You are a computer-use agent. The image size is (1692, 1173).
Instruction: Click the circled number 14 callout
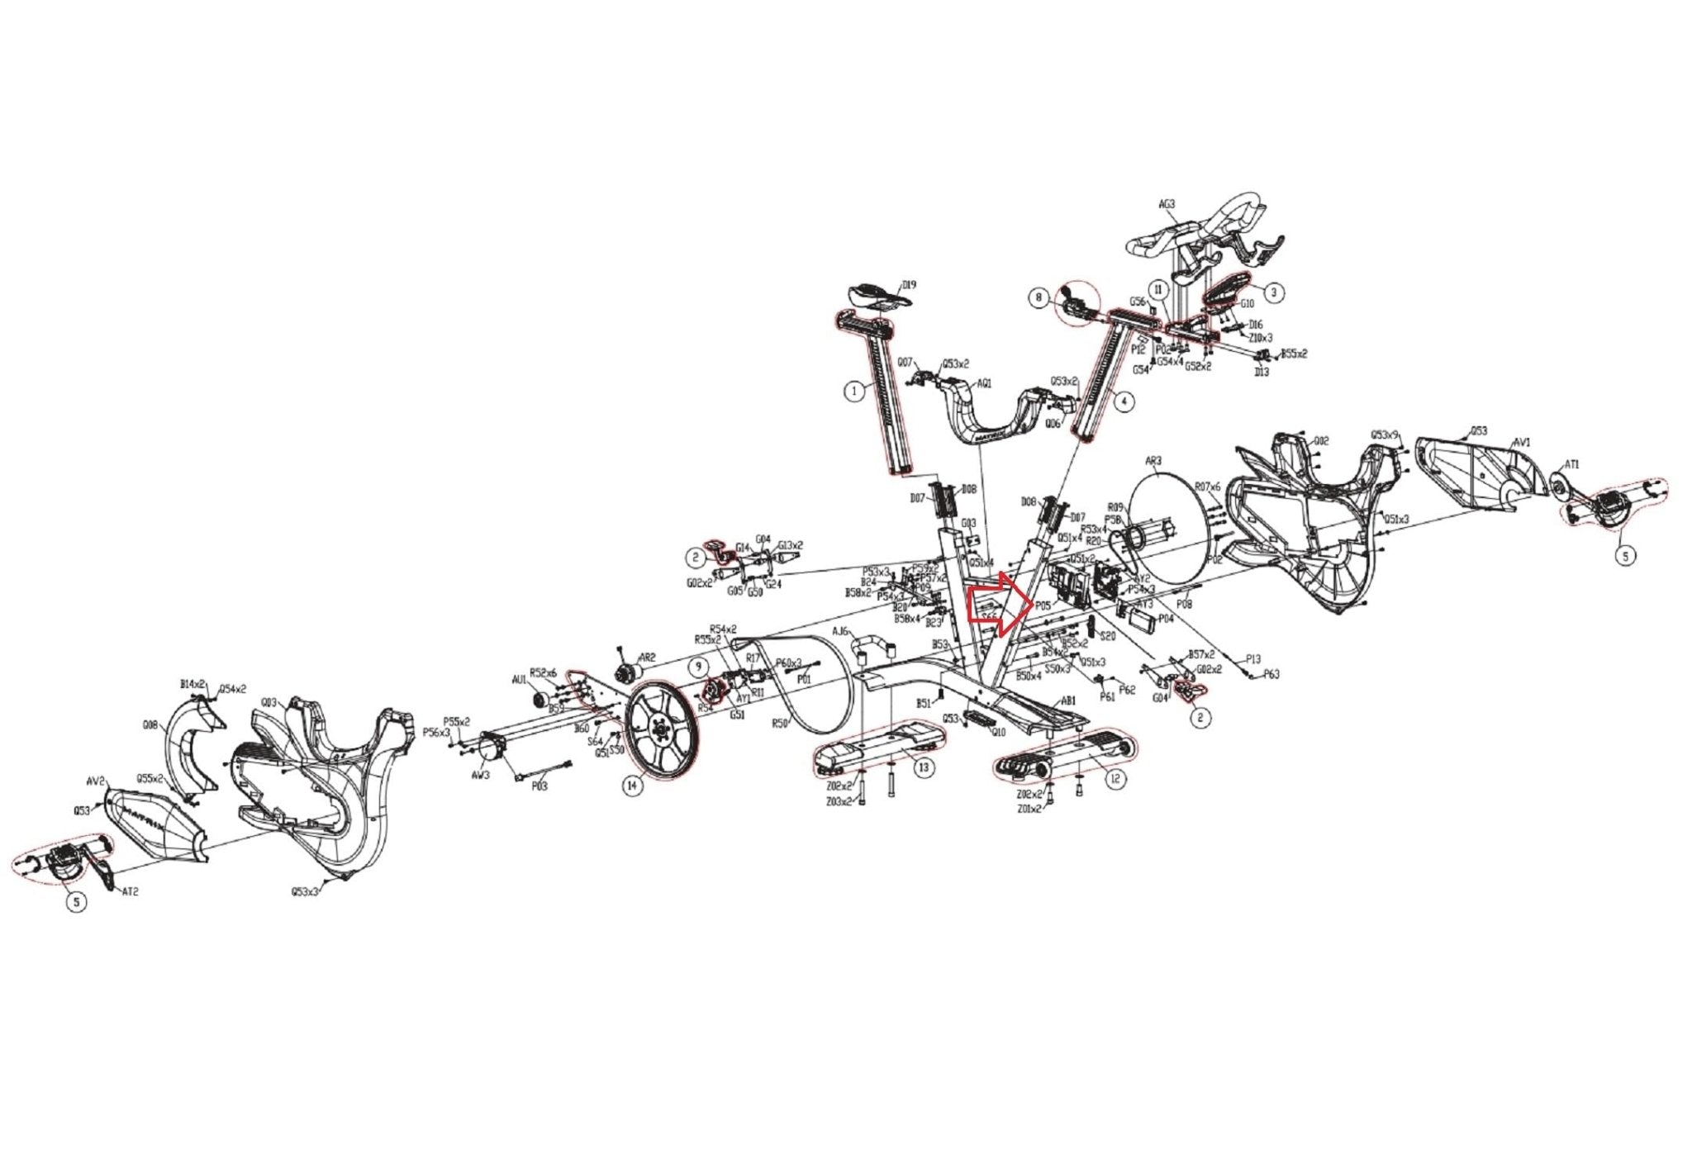632,786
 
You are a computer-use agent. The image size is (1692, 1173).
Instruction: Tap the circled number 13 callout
924,767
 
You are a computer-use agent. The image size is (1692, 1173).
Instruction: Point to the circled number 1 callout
854,392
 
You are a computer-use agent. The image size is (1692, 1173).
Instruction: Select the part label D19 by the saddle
909,285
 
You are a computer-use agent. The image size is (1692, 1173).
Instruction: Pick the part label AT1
1572,465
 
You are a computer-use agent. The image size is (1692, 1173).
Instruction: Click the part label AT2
130,893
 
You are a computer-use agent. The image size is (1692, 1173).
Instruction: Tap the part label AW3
480,775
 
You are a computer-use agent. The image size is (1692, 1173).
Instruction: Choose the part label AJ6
840,631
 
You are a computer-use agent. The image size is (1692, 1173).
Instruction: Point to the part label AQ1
984,383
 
